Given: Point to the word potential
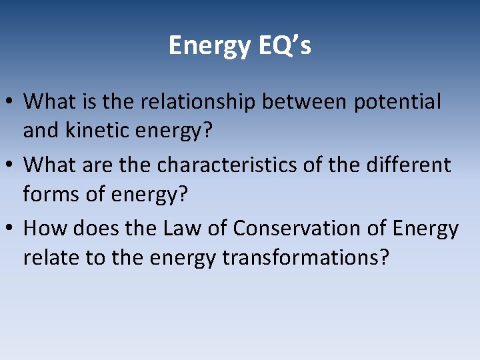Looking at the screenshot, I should pos(397,102).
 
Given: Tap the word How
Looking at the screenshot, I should pos(45,228).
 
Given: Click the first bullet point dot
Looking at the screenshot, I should pos(11,103).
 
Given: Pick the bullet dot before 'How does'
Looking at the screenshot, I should pos(11,229).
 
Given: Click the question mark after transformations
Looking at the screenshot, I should pos(382,258).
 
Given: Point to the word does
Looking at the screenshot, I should pos(93,228).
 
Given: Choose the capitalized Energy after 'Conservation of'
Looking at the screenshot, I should pos(425,229).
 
